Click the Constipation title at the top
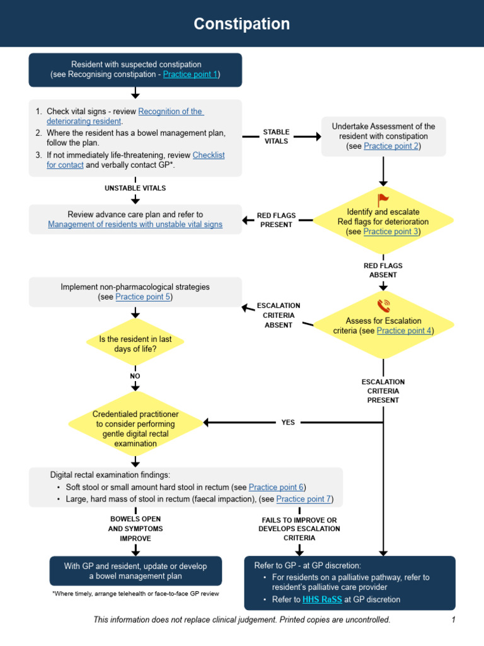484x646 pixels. pos(241,24)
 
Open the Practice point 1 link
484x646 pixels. pos(190,74)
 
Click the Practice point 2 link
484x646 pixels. pos(391,146)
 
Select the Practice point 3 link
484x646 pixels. pos(391,232)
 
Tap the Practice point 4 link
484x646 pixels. pos(404,331)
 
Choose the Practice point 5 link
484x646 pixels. pos(143,297)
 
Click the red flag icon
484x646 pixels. pos(383,200)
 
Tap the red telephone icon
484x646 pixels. pos(383,306)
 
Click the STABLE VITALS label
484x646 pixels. pos(276,137)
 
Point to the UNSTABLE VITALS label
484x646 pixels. pos(135,188)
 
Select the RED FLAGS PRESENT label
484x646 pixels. pos(276,220)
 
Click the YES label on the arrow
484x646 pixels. pos(288,423)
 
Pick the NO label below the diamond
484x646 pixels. pos(135,376)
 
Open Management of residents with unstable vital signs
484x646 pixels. pos(135,225)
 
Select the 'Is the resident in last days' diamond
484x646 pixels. pos(135,344)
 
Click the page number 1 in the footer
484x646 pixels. pos(453,620)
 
